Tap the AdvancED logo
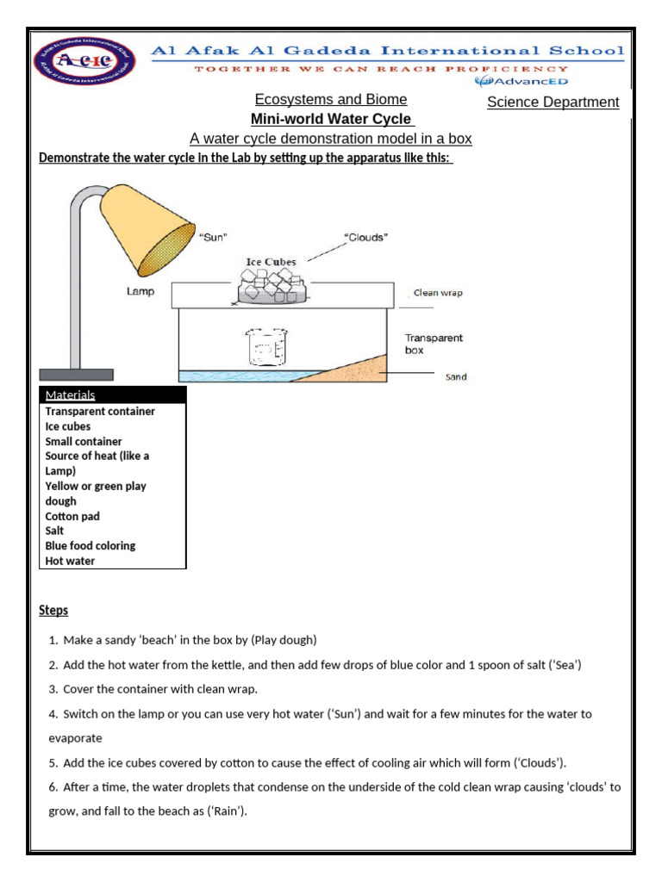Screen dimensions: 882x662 click(521, 82)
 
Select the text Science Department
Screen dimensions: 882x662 click(553, 102)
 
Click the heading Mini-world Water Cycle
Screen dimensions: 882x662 click(330, 120)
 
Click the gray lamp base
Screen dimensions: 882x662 click(76, 375)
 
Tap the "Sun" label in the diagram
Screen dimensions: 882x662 click(214, 239)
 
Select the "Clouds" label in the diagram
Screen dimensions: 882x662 click(365, 239)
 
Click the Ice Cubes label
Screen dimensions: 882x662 click(271, 262)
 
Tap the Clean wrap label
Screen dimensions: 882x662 click(438, 293)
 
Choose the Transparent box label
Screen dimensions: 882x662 click(434, 345)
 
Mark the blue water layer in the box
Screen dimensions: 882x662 click(233, 376)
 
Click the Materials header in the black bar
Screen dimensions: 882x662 click(70, 395)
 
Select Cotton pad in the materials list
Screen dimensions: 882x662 click(72, 516)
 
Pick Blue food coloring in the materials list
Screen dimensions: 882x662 click(91, 545)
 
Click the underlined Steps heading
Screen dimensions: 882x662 click(53, 611)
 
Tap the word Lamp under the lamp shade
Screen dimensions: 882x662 click(141, 292)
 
